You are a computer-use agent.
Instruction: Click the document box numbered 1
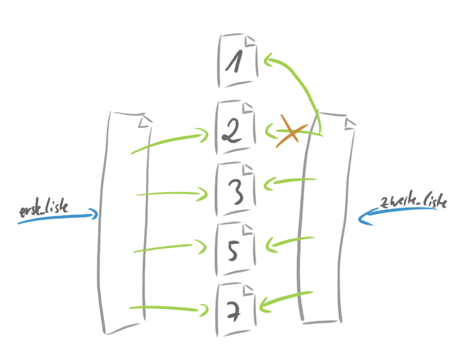point(238,61)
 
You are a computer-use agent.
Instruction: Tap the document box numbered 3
point(236,190)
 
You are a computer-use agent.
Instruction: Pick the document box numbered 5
point(236,250)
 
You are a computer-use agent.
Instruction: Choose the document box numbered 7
point(236,308)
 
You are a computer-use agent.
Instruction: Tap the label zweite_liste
point(414,202)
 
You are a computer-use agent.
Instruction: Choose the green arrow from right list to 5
point(290,241)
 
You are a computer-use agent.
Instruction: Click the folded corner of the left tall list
point(143,122)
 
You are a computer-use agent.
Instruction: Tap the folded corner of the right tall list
point(349,122)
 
